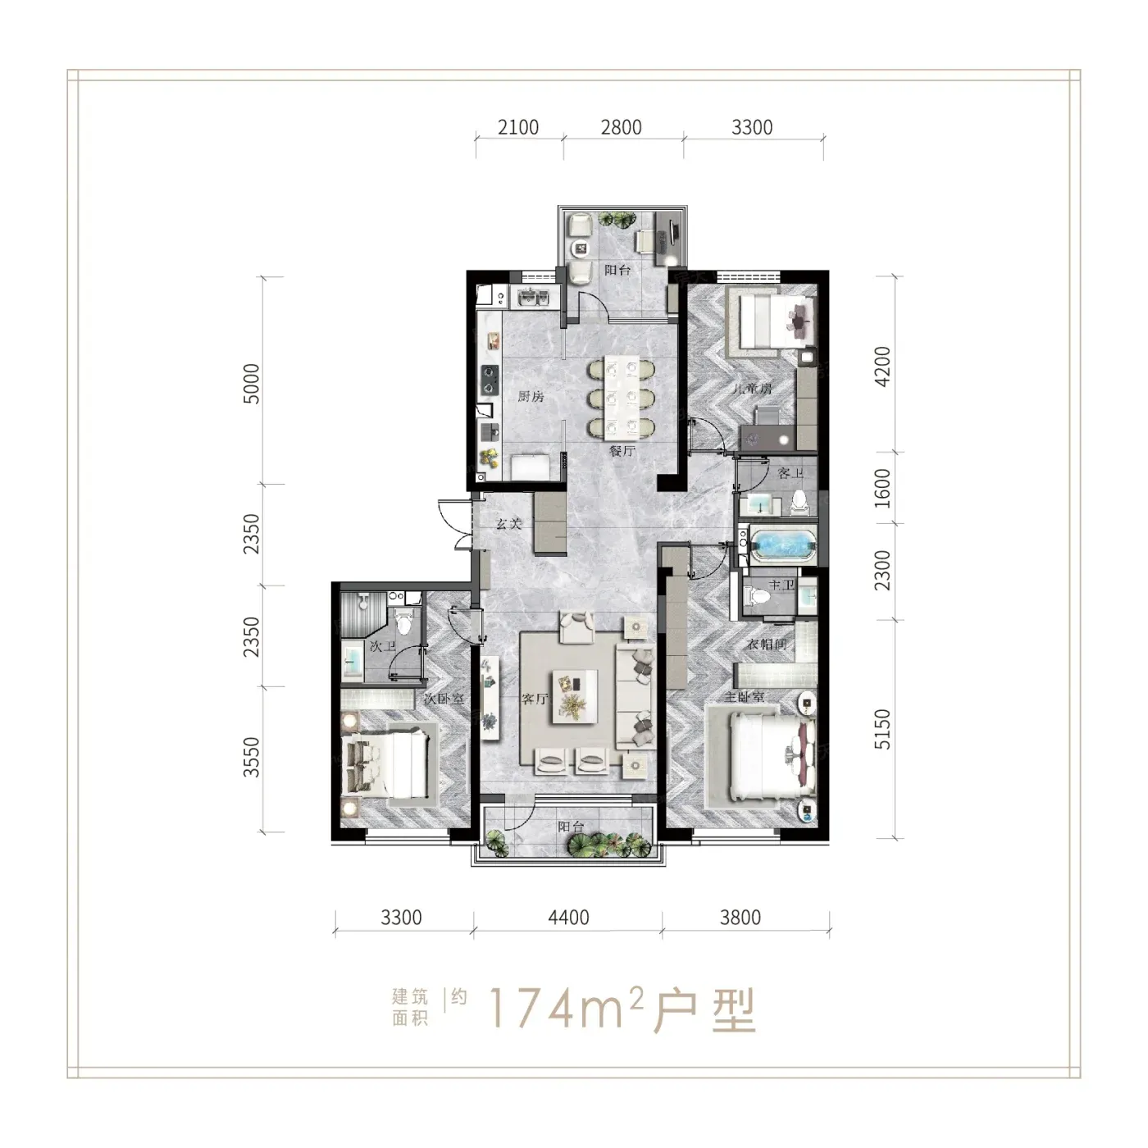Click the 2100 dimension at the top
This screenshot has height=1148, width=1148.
[517, 127]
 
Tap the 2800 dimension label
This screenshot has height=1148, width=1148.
[621, 127]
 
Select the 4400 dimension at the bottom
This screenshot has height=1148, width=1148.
[568, 917]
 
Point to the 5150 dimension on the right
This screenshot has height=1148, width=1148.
[882, 729]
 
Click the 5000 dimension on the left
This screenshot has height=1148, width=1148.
[252, 384]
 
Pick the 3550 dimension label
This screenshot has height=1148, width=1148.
[252, 757]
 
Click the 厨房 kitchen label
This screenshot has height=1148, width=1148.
[531, 396]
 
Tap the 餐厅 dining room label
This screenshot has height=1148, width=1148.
[622, 450]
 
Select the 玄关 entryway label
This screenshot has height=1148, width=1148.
[509, 524]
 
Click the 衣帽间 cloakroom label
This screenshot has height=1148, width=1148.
[767, 644]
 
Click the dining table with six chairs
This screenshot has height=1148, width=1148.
[621, 396]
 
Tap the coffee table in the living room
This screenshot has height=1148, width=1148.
[576, 696]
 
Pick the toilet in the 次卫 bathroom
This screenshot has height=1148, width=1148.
[404, 622]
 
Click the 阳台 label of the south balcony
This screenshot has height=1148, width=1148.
[571, 827]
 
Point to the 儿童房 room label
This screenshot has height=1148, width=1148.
[752, 389]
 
